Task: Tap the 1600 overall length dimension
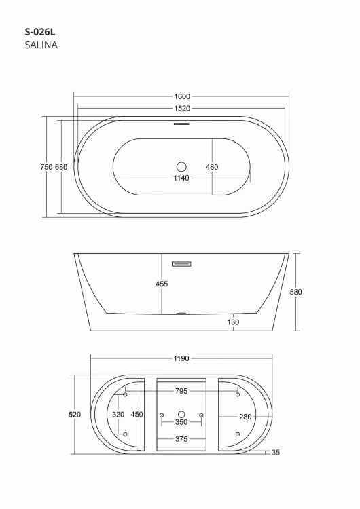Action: pyautogui.click(x=181, y=96)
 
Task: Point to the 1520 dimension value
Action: pyautogui.click(x=181, y=108)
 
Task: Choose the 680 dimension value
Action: pyautogui.click(x=60, y=167)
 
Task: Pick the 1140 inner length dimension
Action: pyautogui.click(x=181, y=178)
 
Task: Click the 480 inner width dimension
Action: pyautogui.click(x=212, y=167)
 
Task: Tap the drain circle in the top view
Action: pyautogui.click(x=181, y=166)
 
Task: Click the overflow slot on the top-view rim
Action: pyautogui.click(x=181, y=124)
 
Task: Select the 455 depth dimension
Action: pyautogui.click(x=162, y=284)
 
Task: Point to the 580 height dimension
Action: pyautogui.click(x=295, y=292)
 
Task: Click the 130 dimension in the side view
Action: pyautogui.click(x=234, y=322)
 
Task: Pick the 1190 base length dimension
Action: pyautogui.click(x=181, y=358)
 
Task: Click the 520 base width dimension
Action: pyautogui.click(x=75, y=414)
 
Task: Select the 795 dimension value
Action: pyautogui.click(x=181, y=391)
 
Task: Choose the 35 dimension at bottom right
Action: pyautogui.click(x=275, y=453)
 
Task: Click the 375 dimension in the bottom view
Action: pyautogui.click(x=181, y=439)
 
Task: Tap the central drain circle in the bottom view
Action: pyautogui.click(x=181, y=414)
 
